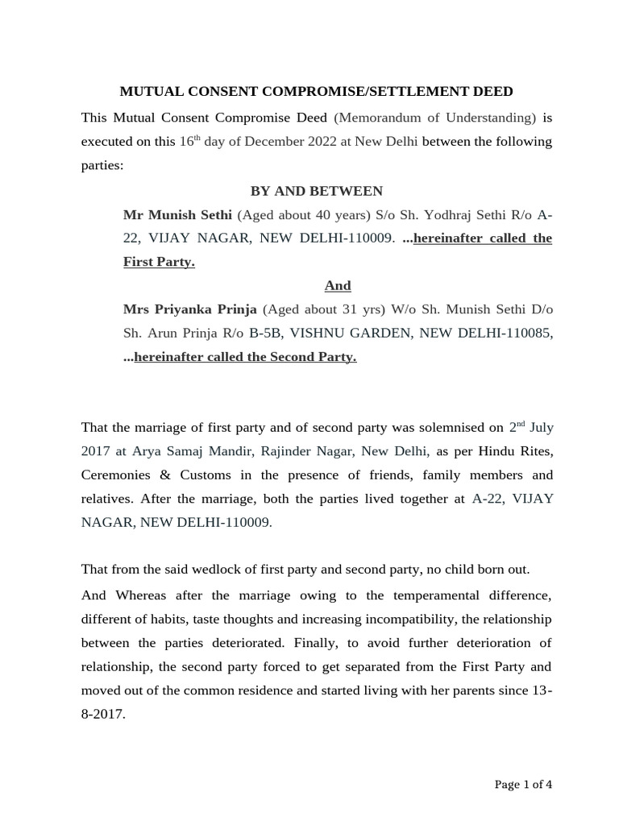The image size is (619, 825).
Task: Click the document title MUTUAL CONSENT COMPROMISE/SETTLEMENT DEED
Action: pyautogui.click(x=316, y=92)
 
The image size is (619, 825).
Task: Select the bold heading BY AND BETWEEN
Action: pyautogui.click(x=316, y=191)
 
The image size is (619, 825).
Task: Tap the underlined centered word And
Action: pyautogui.click(x=338, y=286)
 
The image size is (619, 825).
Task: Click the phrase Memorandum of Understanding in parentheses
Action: pyautogui.click(x=434, y=118)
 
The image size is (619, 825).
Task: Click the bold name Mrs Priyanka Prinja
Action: pyautogui.click(x=190, y=309)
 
